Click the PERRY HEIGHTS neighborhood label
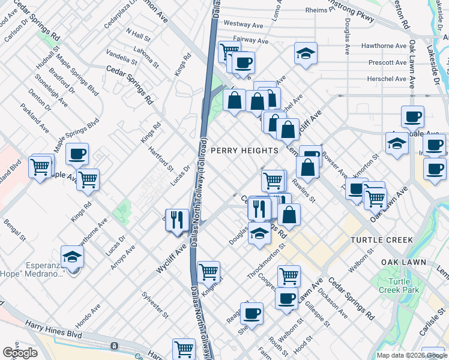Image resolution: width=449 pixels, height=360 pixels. pos(244,150)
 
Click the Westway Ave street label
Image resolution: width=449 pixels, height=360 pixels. pos(244,25)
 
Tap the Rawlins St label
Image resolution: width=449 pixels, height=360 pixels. pos(304,190)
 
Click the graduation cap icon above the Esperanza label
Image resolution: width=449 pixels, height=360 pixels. pos(72,257)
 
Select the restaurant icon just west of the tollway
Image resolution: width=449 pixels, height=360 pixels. pos(176,219)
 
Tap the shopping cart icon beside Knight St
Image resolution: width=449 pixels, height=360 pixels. pos(209,272)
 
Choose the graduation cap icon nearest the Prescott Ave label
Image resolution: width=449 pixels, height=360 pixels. pos(306,53)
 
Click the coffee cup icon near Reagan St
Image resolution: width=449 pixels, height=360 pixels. pos(252,313)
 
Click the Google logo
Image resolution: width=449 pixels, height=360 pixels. pos(20,353)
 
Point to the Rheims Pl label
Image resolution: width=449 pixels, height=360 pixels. pos(318,10)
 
